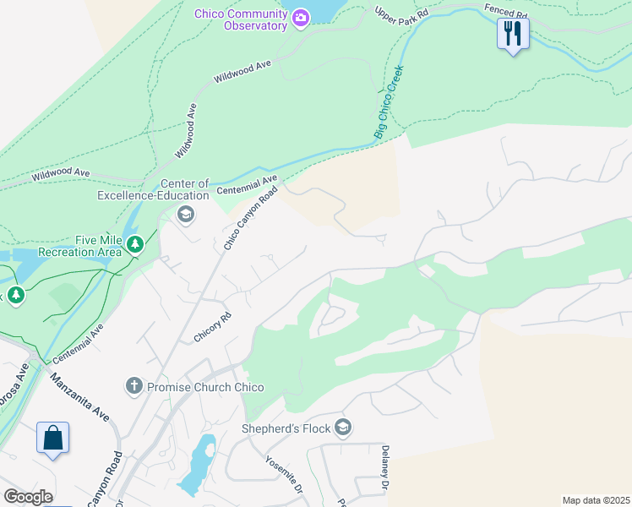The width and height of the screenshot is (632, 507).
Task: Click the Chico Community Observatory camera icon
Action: (x=300, y=18)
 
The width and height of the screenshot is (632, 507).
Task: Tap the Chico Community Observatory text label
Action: (x=241, y=19)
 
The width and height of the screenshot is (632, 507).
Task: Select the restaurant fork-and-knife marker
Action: (x=512, y=34)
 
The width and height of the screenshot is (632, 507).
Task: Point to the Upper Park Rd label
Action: (x=402, y=14)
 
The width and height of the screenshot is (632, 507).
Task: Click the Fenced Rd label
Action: (x=505, y=11)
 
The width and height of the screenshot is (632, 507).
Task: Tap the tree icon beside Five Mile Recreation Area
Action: (x=135, y=245)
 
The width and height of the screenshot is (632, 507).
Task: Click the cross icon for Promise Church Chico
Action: (x=133, y=387)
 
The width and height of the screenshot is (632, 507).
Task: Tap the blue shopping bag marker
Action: (x=52, y=439)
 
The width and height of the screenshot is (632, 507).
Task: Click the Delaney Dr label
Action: (x=384, y=469)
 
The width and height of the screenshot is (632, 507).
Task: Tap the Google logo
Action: (x=28, y=497)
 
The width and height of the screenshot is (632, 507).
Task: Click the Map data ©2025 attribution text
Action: (x=596, y=500)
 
